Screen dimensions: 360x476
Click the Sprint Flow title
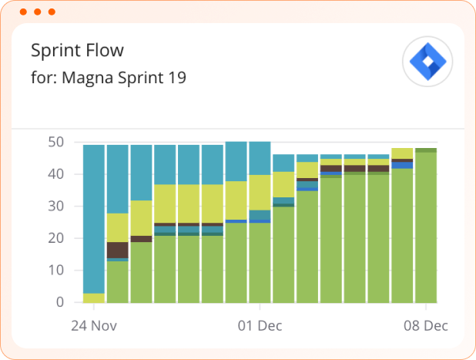(77, 51)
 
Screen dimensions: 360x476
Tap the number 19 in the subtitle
(178, 78)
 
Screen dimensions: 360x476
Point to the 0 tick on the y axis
(59, 302)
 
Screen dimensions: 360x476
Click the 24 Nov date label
(94, 325)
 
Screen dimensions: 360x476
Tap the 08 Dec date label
(426, 325)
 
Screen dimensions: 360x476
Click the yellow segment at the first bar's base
(94, 298)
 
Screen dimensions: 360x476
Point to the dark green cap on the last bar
(426, 150)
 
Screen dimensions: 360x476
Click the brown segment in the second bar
(117, 250)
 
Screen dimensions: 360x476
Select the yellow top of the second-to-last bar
(402, 153)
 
